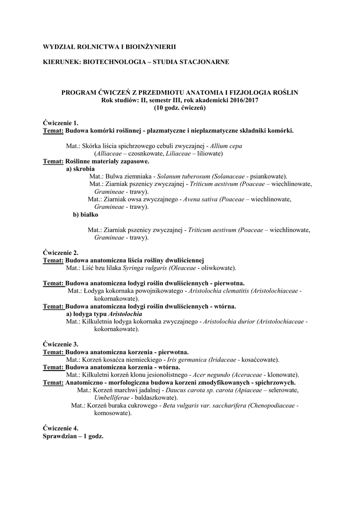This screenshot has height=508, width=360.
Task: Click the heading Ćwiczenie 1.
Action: (x=61, y=123)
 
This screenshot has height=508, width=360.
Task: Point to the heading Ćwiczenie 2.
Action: (x=61, y=253)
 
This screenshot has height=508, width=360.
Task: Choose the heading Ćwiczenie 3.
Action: (x=61, y=344)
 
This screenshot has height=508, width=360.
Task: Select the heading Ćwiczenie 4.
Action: (x=61, y=428)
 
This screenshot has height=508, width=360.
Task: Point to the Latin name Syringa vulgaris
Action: (x=145, y=268)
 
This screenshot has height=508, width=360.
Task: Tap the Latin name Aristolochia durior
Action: (x=228, y=322)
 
